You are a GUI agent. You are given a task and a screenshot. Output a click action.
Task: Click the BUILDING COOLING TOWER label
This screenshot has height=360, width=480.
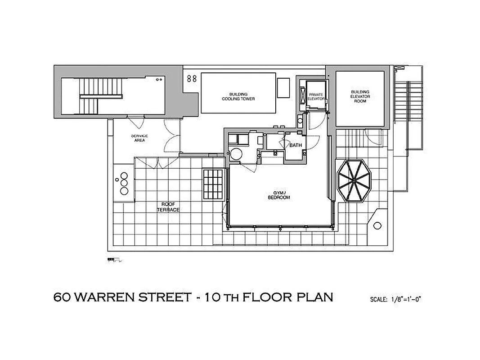tap(238, 96)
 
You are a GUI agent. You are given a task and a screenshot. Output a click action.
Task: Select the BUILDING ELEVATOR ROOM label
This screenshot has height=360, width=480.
tap(360, 96)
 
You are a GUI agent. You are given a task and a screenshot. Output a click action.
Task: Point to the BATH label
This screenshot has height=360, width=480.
tap(296, 145)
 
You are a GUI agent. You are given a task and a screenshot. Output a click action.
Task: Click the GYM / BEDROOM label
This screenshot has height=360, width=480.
tap(279, 195)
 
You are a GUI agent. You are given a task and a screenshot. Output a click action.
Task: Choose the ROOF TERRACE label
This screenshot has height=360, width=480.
tap(168, 207)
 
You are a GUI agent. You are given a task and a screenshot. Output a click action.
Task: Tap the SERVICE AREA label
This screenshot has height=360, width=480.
tap(139, 138)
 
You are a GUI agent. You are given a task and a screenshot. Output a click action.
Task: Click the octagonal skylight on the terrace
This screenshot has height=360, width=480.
tap(354, 181)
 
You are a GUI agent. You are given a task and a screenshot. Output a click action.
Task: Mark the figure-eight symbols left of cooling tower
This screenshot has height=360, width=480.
tap(192, 78)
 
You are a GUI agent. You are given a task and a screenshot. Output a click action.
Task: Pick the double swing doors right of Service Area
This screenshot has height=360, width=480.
tap(172, 136)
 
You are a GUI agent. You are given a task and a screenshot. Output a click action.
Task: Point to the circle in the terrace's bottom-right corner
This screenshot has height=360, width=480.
tap(377, 226)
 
